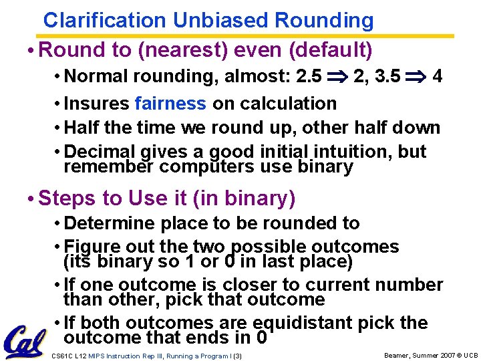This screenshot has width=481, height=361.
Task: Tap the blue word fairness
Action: (170, 104)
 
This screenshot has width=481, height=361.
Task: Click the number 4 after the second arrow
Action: (437, 76)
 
